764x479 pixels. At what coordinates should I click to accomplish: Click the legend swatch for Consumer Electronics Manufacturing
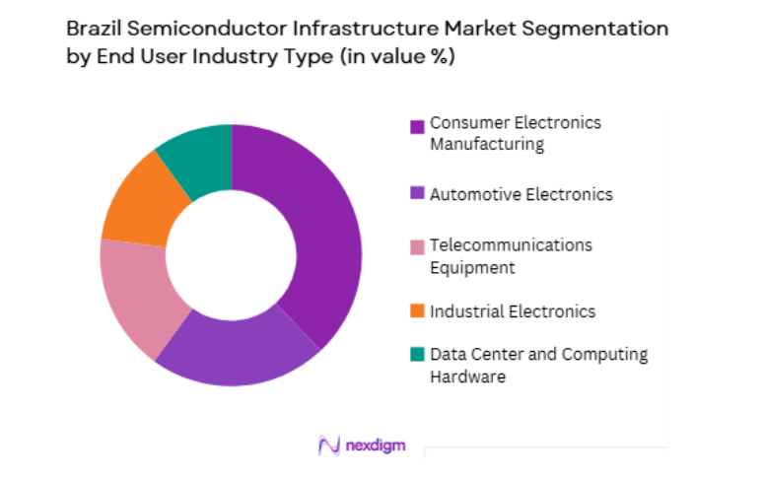(417, 126)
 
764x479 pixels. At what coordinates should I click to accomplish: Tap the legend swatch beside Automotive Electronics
(417, 195)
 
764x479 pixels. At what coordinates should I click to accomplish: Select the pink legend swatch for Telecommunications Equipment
(417, 244)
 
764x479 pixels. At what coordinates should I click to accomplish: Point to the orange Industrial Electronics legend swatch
(417, 311)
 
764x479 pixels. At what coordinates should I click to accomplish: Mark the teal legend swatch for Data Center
(417, 355)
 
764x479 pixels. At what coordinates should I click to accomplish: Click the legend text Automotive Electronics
(521, 194)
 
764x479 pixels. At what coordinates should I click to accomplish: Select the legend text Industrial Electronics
(513, 311)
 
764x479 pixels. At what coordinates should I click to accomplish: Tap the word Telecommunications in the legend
(511, 244)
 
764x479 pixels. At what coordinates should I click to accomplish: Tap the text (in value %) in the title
(397, 57)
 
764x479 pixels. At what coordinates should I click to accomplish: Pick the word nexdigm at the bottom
(376, 445)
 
